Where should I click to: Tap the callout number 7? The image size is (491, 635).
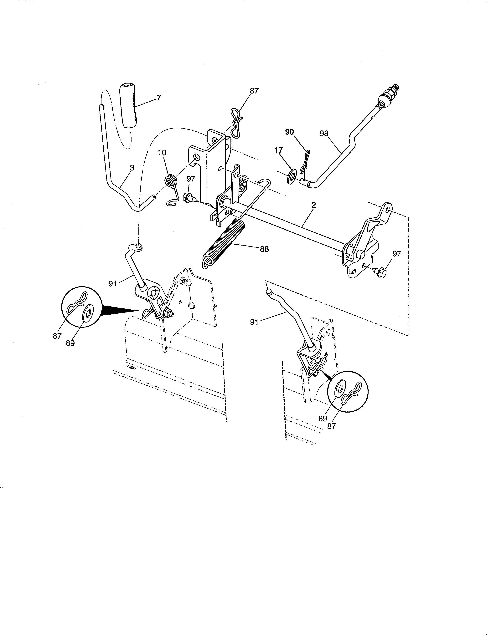pyautogui.click(x=158, y=98)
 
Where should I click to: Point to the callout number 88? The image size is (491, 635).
pyautogui.click(x=264, y=249)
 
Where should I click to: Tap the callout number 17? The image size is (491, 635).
pyautogui.click(x=278, y=150)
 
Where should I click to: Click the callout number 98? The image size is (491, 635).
pyautogui.click(x=324, y=134)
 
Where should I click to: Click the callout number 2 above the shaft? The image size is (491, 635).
pyautogui.click(x=313, y=205)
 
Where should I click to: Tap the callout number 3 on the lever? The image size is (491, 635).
pyautogui.click(x=132, y=168)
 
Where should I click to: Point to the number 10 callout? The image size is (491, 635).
pyautogui.click(x=162, y=153)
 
